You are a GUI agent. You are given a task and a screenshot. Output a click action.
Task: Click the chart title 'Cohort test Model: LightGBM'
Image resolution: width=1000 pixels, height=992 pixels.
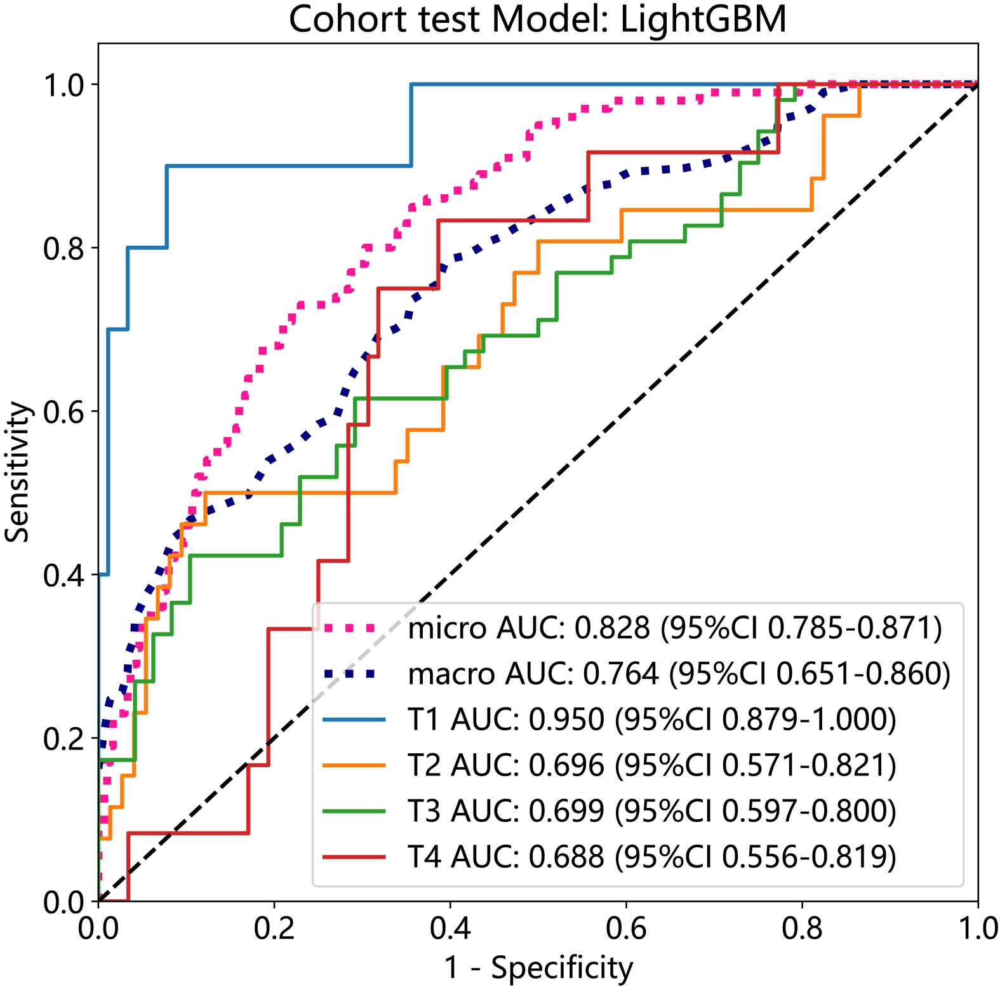point(537,19)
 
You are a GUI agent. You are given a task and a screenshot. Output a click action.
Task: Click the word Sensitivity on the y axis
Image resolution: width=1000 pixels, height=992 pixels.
point(17,472)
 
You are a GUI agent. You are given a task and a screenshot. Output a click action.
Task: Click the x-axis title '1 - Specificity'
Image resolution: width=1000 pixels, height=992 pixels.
point(538,968)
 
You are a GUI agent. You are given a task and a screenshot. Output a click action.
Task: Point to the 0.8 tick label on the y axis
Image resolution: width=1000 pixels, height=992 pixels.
point(63,248)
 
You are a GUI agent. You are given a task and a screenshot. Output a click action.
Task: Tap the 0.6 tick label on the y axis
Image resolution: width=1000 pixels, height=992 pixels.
point(63,412)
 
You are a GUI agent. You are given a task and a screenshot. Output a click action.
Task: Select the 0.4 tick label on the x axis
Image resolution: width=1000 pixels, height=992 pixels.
point(450,928)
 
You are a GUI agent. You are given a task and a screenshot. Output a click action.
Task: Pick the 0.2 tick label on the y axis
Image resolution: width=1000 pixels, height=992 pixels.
point(63,739)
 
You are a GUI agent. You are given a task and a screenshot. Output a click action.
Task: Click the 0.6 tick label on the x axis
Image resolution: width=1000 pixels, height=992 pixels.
point(626,928)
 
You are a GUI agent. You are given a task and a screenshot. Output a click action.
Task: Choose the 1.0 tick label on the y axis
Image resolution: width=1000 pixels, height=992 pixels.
point(63,85)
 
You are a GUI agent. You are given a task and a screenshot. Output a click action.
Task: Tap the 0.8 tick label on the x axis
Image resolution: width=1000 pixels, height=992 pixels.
point(802,928)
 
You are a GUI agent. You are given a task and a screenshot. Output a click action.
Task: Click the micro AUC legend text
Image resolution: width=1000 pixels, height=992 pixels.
point(675,628)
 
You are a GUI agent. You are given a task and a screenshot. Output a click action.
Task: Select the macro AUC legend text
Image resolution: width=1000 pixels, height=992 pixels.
point(679,674)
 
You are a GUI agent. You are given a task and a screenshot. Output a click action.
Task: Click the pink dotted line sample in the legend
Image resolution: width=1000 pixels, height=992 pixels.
point(354,628)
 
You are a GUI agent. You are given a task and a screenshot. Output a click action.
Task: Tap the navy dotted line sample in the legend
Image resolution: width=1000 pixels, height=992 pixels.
point(354,674)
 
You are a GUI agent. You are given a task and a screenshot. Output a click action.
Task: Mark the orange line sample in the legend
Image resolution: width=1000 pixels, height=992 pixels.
point(354,765)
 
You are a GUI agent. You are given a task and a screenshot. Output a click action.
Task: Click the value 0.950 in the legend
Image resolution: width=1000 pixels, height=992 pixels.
point(566,720)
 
